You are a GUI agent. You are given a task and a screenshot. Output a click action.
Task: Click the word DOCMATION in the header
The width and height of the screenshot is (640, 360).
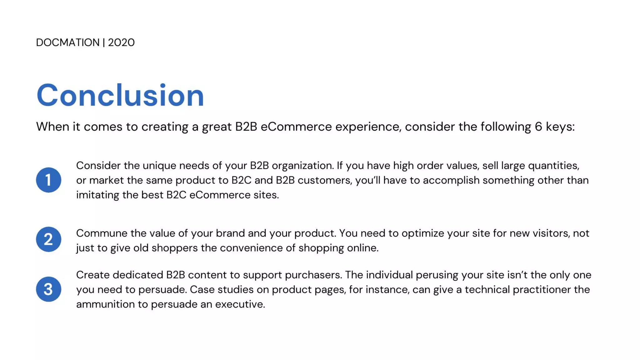coord(67,42)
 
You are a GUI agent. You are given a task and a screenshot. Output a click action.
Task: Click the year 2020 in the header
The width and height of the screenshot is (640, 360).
coord(121,42)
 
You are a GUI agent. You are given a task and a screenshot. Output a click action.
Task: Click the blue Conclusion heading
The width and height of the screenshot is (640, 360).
coord(120,95)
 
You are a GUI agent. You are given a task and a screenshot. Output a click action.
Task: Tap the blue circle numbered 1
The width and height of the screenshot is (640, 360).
coord(48,180)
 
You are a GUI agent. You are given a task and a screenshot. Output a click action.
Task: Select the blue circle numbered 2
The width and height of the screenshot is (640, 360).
coord(48,239)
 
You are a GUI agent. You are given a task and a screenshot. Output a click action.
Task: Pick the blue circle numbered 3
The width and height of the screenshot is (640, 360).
coord(48,289)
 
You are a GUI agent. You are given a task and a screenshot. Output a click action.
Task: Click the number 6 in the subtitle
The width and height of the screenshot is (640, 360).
coord(538,127)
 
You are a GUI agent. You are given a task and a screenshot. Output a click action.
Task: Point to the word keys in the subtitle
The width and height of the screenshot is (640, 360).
coord(560,127)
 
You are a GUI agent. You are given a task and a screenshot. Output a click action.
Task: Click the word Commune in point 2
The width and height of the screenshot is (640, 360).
coord(102,233)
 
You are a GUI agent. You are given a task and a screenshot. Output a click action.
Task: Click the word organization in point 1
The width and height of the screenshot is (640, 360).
coord(302,166)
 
